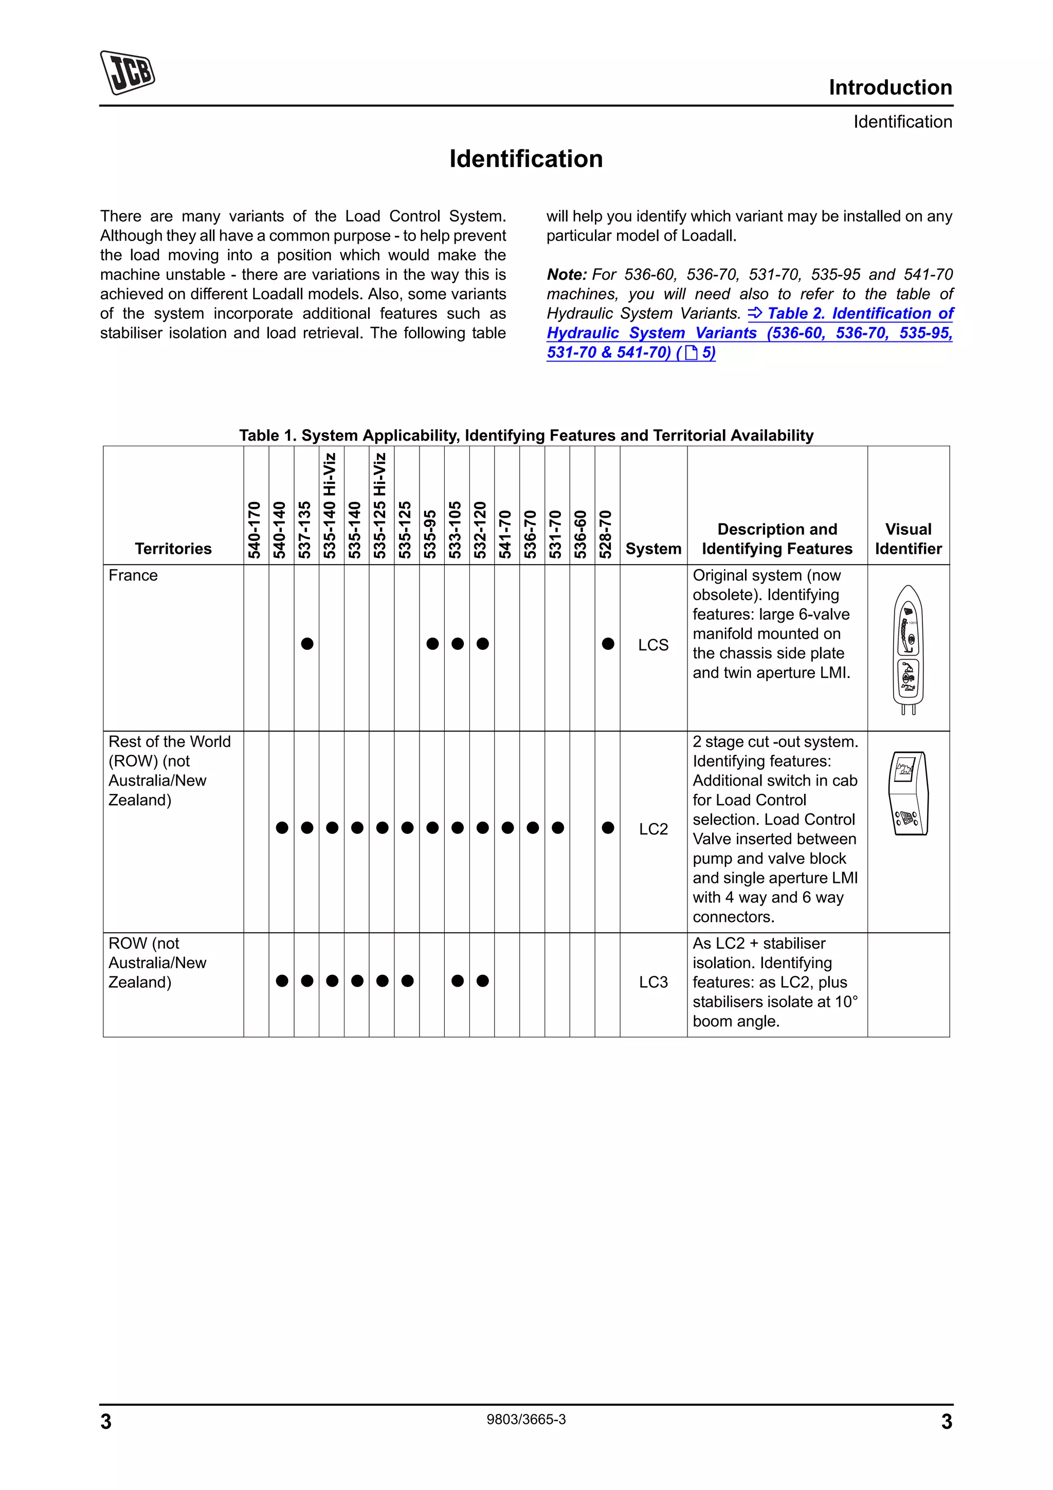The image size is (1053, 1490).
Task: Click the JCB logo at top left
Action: (127, 72)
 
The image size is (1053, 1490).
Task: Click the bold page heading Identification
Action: (525, 159)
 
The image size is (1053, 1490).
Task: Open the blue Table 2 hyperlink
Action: (749, 333)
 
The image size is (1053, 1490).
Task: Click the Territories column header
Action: (173, 549)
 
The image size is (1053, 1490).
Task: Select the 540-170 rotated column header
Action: (255, 529)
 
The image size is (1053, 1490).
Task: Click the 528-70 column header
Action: (606, 534)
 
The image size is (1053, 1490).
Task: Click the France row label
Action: (133, 576)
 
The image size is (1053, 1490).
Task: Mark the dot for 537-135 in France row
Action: (307, 644)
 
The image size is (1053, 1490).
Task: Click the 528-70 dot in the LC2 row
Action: (607, 827)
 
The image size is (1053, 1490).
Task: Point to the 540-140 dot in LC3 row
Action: (282, 980)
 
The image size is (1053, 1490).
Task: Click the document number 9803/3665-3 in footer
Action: (525, 1419)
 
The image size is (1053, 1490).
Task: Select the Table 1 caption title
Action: (525, 435)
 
